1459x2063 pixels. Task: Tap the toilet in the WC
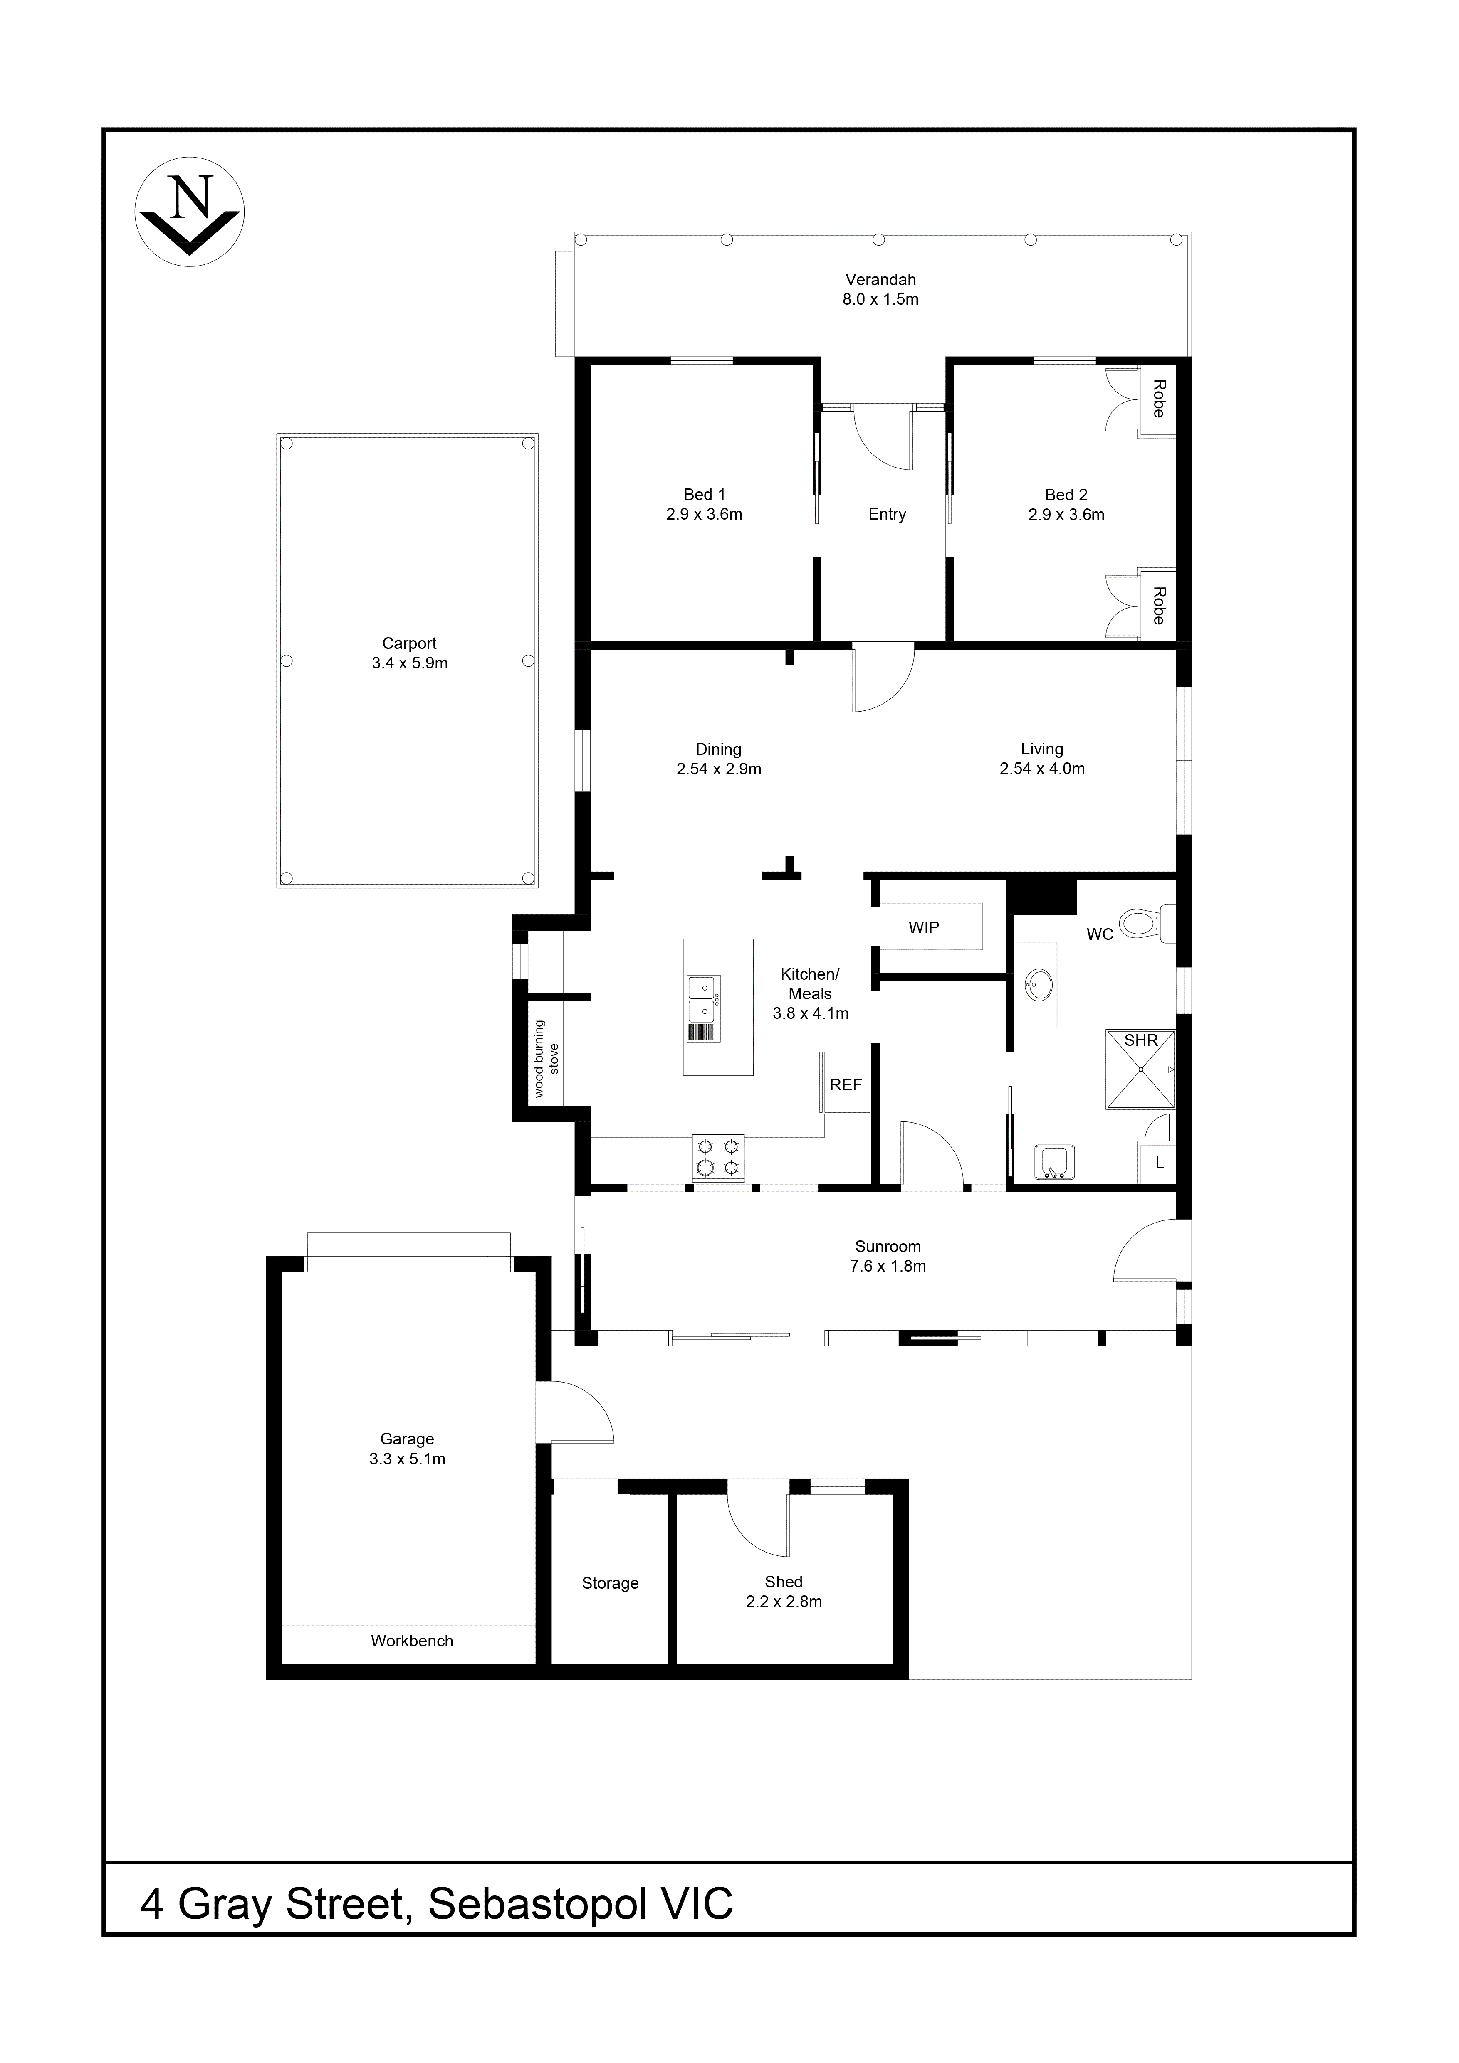pyautogui.click(x=1144, y=923)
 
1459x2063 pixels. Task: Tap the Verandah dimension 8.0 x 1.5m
pyautogui.click(x=880, y=300)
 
